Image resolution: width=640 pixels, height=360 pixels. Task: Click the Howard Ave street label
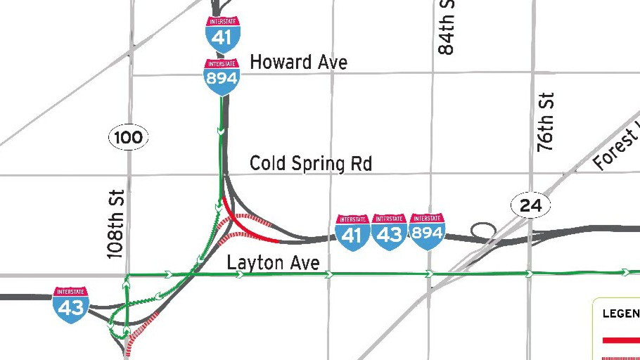[x=298, y=62]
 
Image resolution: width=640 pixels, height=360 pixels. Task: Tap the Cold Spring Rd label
[x=311, y=164]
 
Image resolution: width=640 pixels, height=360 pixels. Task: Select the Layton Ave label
[x=273, y=263]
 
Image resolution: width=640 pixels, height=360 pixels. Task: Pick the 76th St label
[x=546, y=122]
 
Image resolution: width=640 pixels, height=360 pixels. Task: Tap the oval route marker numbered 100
[x=128, y=138]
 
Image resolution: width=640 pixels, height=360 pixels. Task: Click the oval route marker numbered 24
[x=530, y=205]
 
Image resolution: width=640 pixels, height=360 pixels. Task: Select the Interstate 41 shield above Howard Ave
[x=222, y=32]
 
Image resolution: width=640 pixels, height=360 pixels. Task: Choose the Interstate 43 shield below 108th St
[x=70, y=304]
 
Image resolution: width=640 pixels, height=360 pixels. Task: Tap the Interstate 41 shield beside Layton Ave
[x=352, y=233]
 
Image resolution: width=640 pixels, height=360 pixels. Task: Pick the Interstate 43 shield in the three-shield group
[x=389, y=233]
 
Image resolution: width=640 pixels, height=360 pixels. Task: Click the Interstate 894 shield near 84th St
[x=427, y=232]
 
